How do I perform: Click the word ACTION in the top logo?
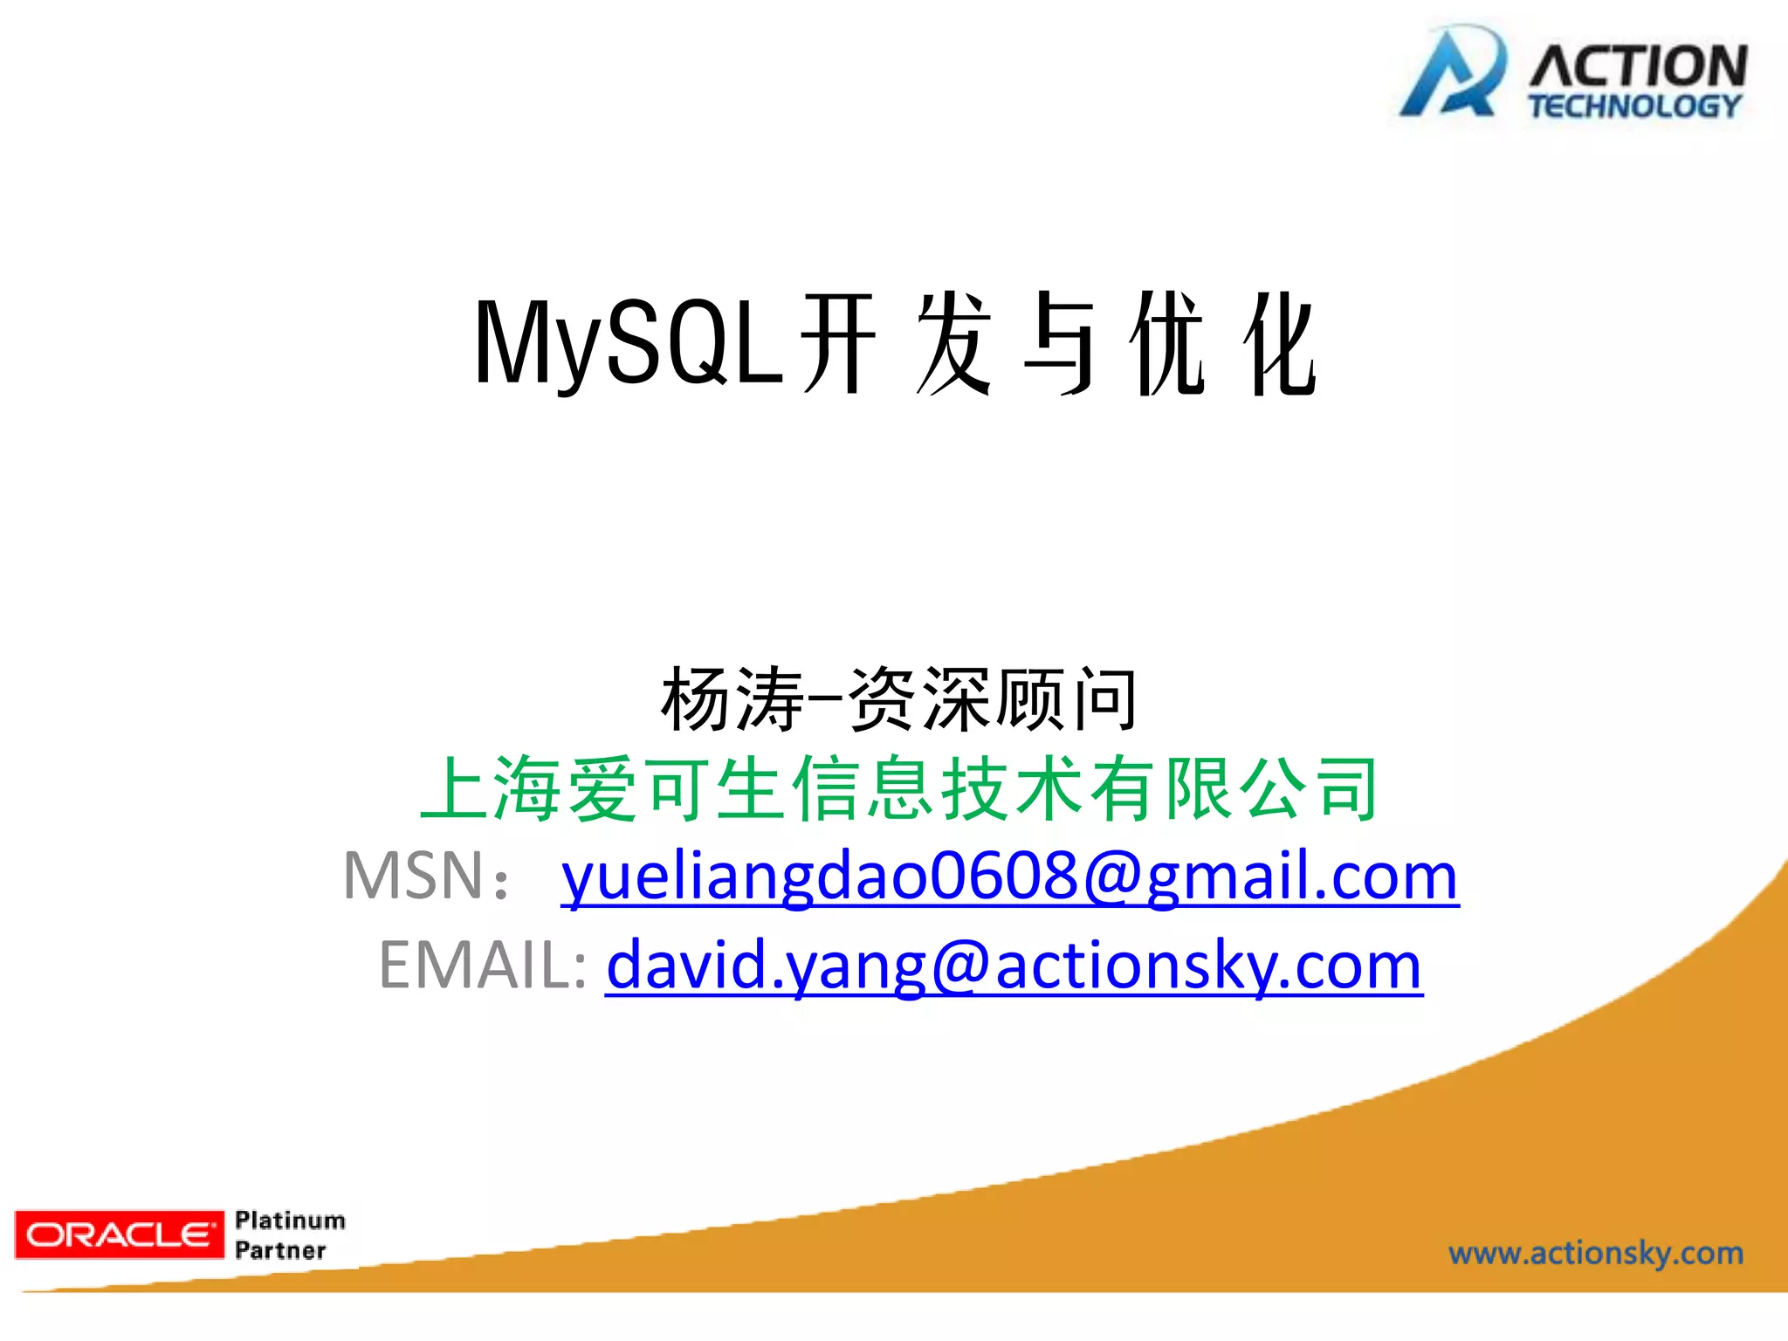point(1638,66)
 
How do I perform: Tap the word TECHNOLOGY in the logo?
point(1634,107)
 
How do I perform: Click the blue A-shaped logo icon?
point(1452,73)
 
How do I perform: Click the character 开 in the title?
point(838,344)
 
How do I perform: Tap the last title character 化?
point(1280,344)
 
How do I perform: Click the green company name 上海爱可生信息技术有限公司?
point(899,789)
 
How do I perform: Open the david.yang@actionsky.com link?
point(1014,966)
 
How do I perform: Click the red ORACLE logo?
point(120,1234)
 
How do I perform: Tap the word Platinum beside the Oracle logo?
point(290,1220)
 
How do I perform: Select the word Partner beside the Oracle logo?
point(280,1250)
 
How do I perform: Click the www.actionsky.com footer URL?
point(1596,1254)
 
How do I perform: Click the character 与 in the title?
point(1059,344)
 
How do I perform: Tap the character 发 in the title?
point(953,344)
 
